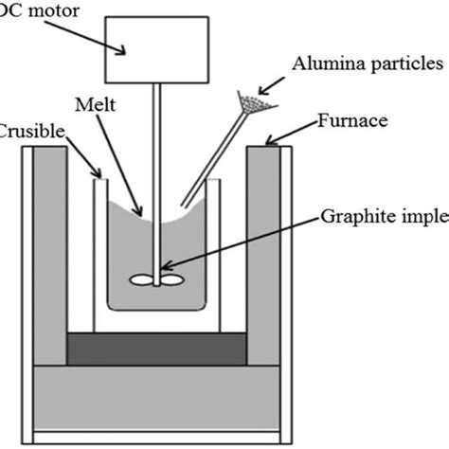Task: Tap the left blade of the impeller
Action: point(142,279)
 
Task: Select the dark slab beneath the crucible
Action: point(157,348)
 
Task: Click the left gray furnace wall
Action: point(50,256)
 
